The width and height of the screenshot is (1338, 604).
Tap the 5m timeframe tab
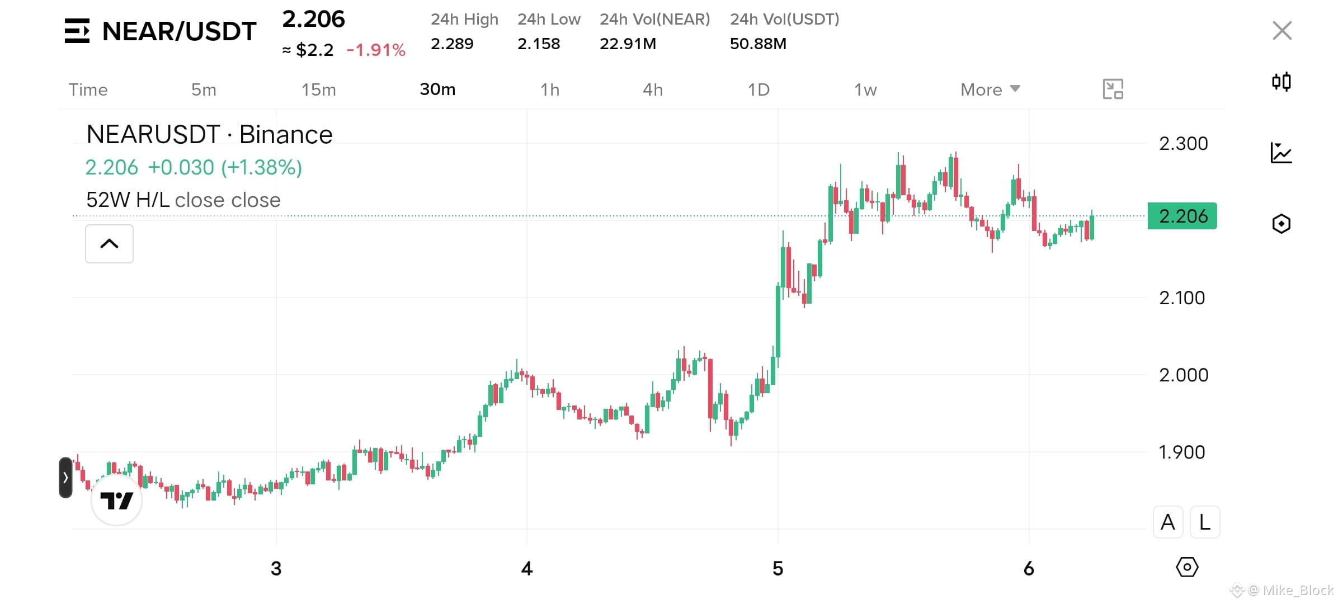[x=204, y=89]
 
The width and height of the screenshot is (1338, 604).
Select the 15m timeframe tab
[x=319, y=89]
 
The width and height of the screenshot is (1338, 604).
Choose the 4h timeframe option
[x=653, y=89]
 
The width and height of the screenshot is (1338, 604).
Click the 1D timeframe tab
[x=758, y=89]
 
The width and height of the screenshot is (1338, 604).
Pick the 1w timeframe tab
[x=865, y=89]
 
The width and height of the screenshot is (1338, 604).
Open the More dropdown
[x=990, y=89]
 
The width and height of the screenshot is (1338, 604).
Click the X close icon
[x=1282, y=31]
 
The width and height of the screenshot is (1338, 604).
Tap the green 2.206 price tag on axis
[x=1182, y=216]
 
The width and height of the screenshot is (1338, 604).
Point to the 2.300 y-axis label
[x=1183, y=144]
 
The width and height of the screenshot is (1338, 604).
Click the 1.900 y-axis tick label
[x=1181, y=452]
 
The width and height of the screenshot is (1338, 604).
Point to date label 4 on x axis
[x=526, y=569]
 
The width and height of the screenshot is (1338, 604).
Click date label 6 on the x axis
[x=1029, y=569]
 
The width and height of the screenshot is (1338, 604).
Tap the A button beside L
[x=1168, y=522]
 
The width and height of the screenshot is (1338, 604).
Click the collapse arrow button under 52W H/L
[x=109, y=244]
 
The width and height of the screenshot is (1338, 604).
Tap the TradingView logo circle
[x=116, y=500]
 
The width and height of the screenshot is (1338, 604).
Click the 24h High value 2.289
[x=452, y=44]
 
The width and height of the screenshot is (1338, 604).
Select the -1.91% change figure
[x=376, y=50]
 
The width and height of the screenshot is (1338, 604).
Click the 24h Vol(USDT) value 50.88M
[x=758, y=44]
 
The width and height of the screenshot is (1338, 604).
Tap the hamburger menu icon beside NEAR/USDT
[x=77, y=31]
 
